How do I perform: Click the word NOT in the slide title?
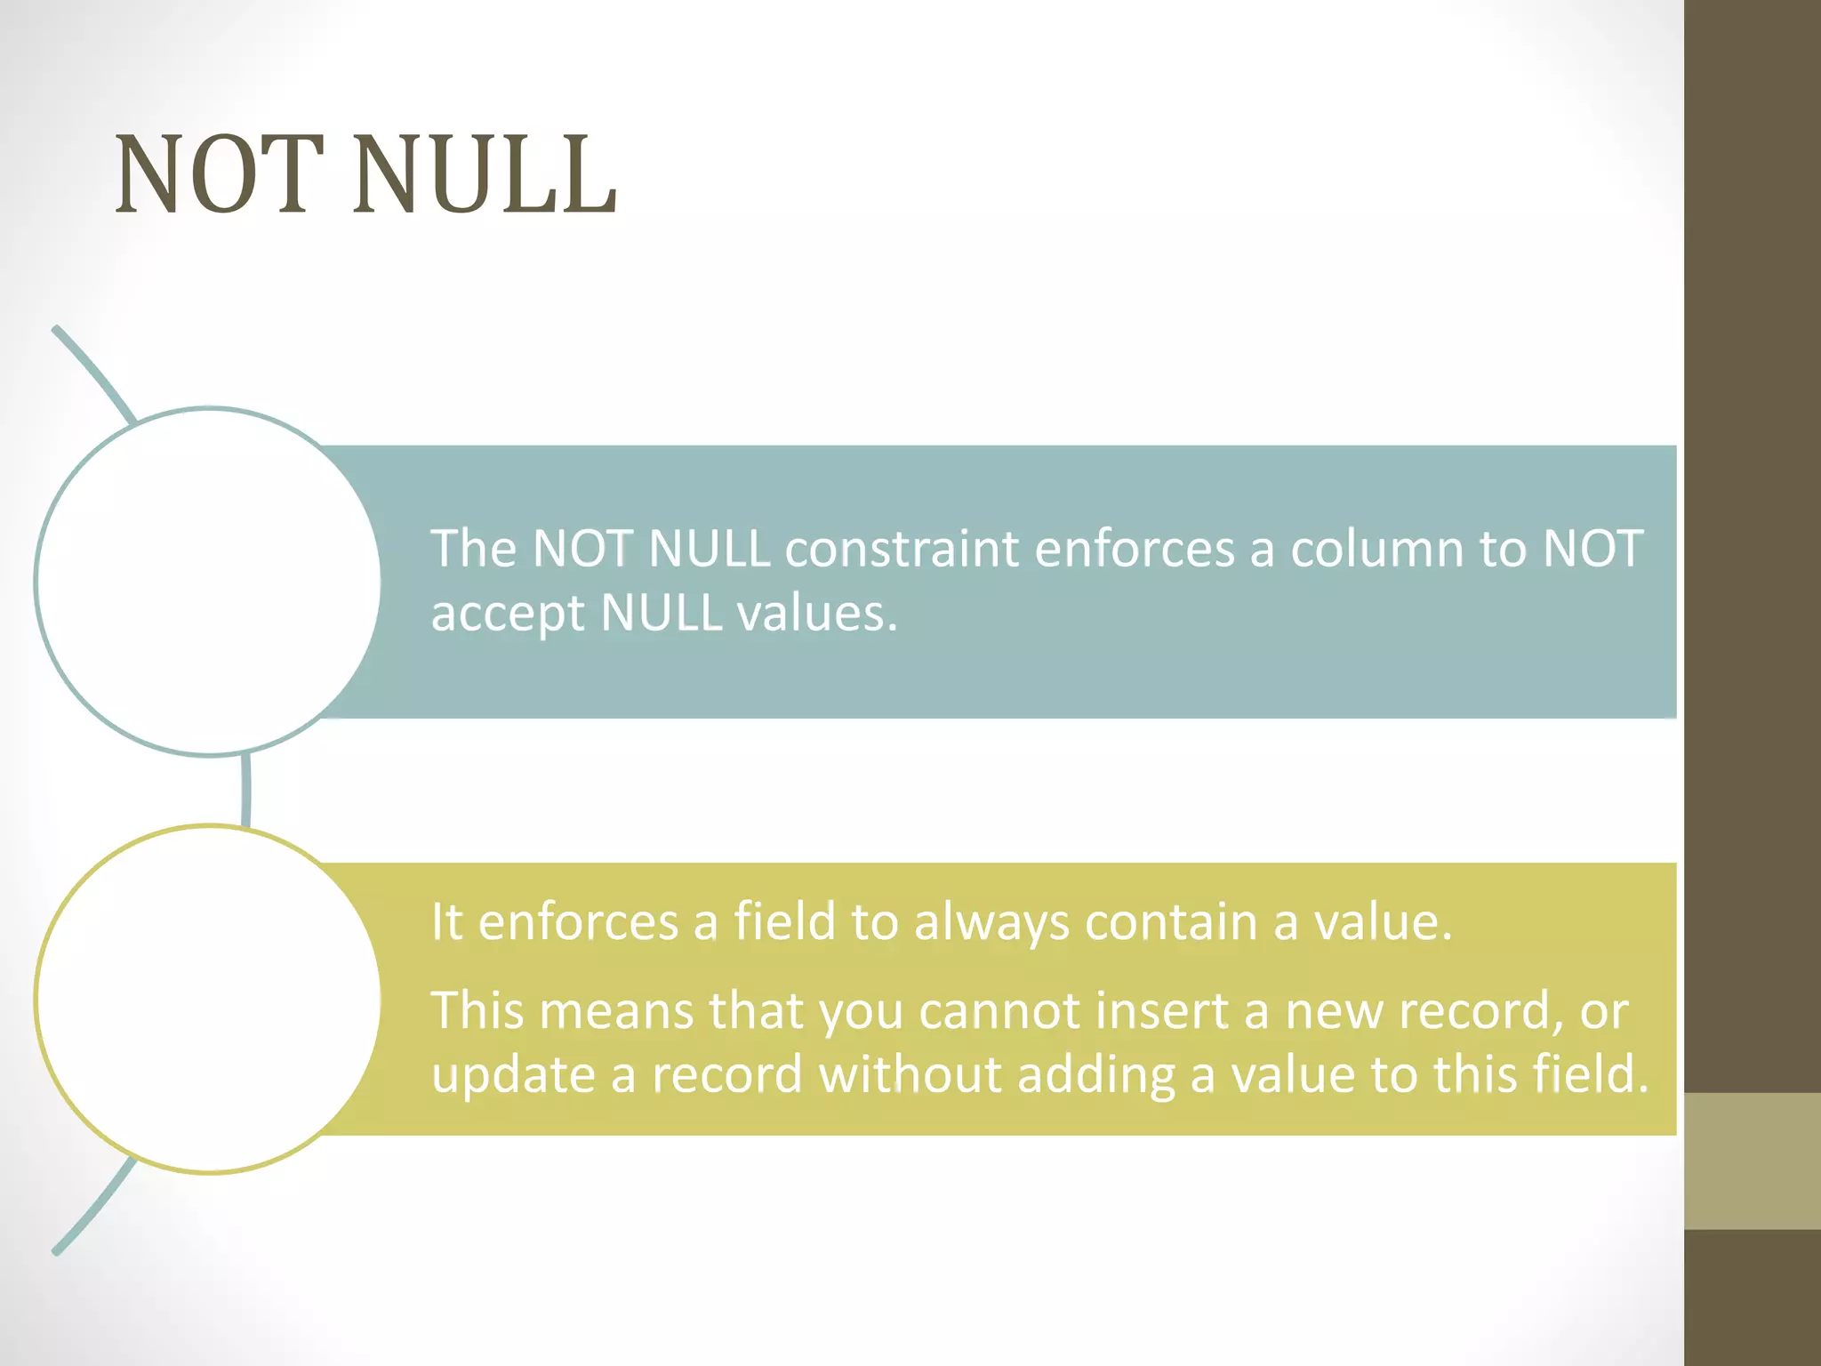pyautogui.click(x=219, y=175)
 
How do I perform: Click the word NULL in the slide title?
pyautogui.click(x=485, y=175)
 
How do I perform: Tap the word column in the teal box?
pyautogui.click(x=1376, y=549)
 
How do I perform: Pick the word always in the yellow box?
pyautogui.click(x=991, y=922)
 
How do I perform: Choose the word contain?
pyautogui.click(x=1171, y=922)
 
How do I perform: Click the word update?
pyautogui.click(x=513, y=1076)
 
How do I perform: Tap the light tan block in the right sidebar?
pyautogui.click(x=1752, y=1161)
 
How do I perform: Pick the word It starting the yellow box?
pyautogui.click(x=446, y=922)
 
